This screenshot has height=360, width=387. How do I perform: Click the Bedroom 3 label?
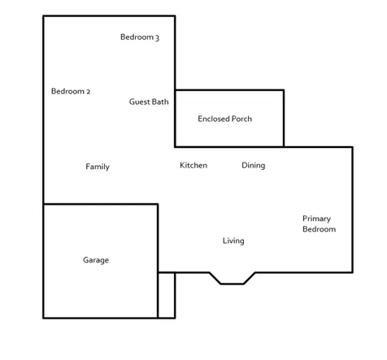click(140, 37)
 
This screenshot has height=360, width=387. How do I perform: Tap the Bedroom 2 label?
click(71, 91)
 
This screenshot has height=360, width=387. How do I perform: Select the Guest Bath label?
click(149, 102)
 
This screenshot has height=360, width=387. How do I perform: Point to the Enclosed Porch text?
click(225, 119)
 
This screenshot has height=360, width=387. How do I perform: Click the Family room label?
click(98, 167)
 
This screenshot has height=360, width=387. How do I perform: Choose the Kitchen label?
click(193, 165)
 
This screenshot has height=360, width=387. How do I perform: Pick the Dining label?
click(254, 166)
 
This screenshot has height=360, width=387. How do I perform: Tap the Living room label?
click(233, 241)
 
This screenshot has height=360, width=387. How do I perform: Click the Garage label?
click(96, 260)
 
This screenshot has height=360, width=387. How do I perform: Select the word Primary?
click(316, 219)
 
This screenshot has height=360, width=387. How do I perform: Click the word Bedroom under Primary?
click(320, 229)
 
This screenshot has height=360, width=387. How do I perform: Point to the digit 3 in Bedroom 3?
click(157, 38)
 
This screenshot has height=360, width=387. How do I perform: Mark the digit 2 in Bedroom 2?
click(89, 92)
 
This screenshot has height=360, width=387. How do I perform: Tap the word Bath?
click(160, 102)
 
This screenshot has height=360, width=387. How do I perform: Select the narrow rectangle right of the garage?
click(167, 295)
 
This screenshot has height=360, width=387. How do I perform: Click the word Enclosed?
click(211, 119)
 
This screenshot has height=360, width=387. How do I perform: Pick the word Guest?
click(139, 102)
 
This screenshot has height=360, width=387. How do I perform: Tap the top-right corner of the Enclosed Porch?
click(284, 90)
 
